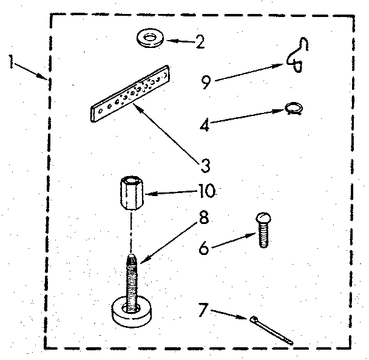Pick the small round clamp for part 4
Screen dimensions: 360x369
coord(294,109)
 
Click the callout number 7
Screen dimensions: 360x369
coord(203,310)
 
